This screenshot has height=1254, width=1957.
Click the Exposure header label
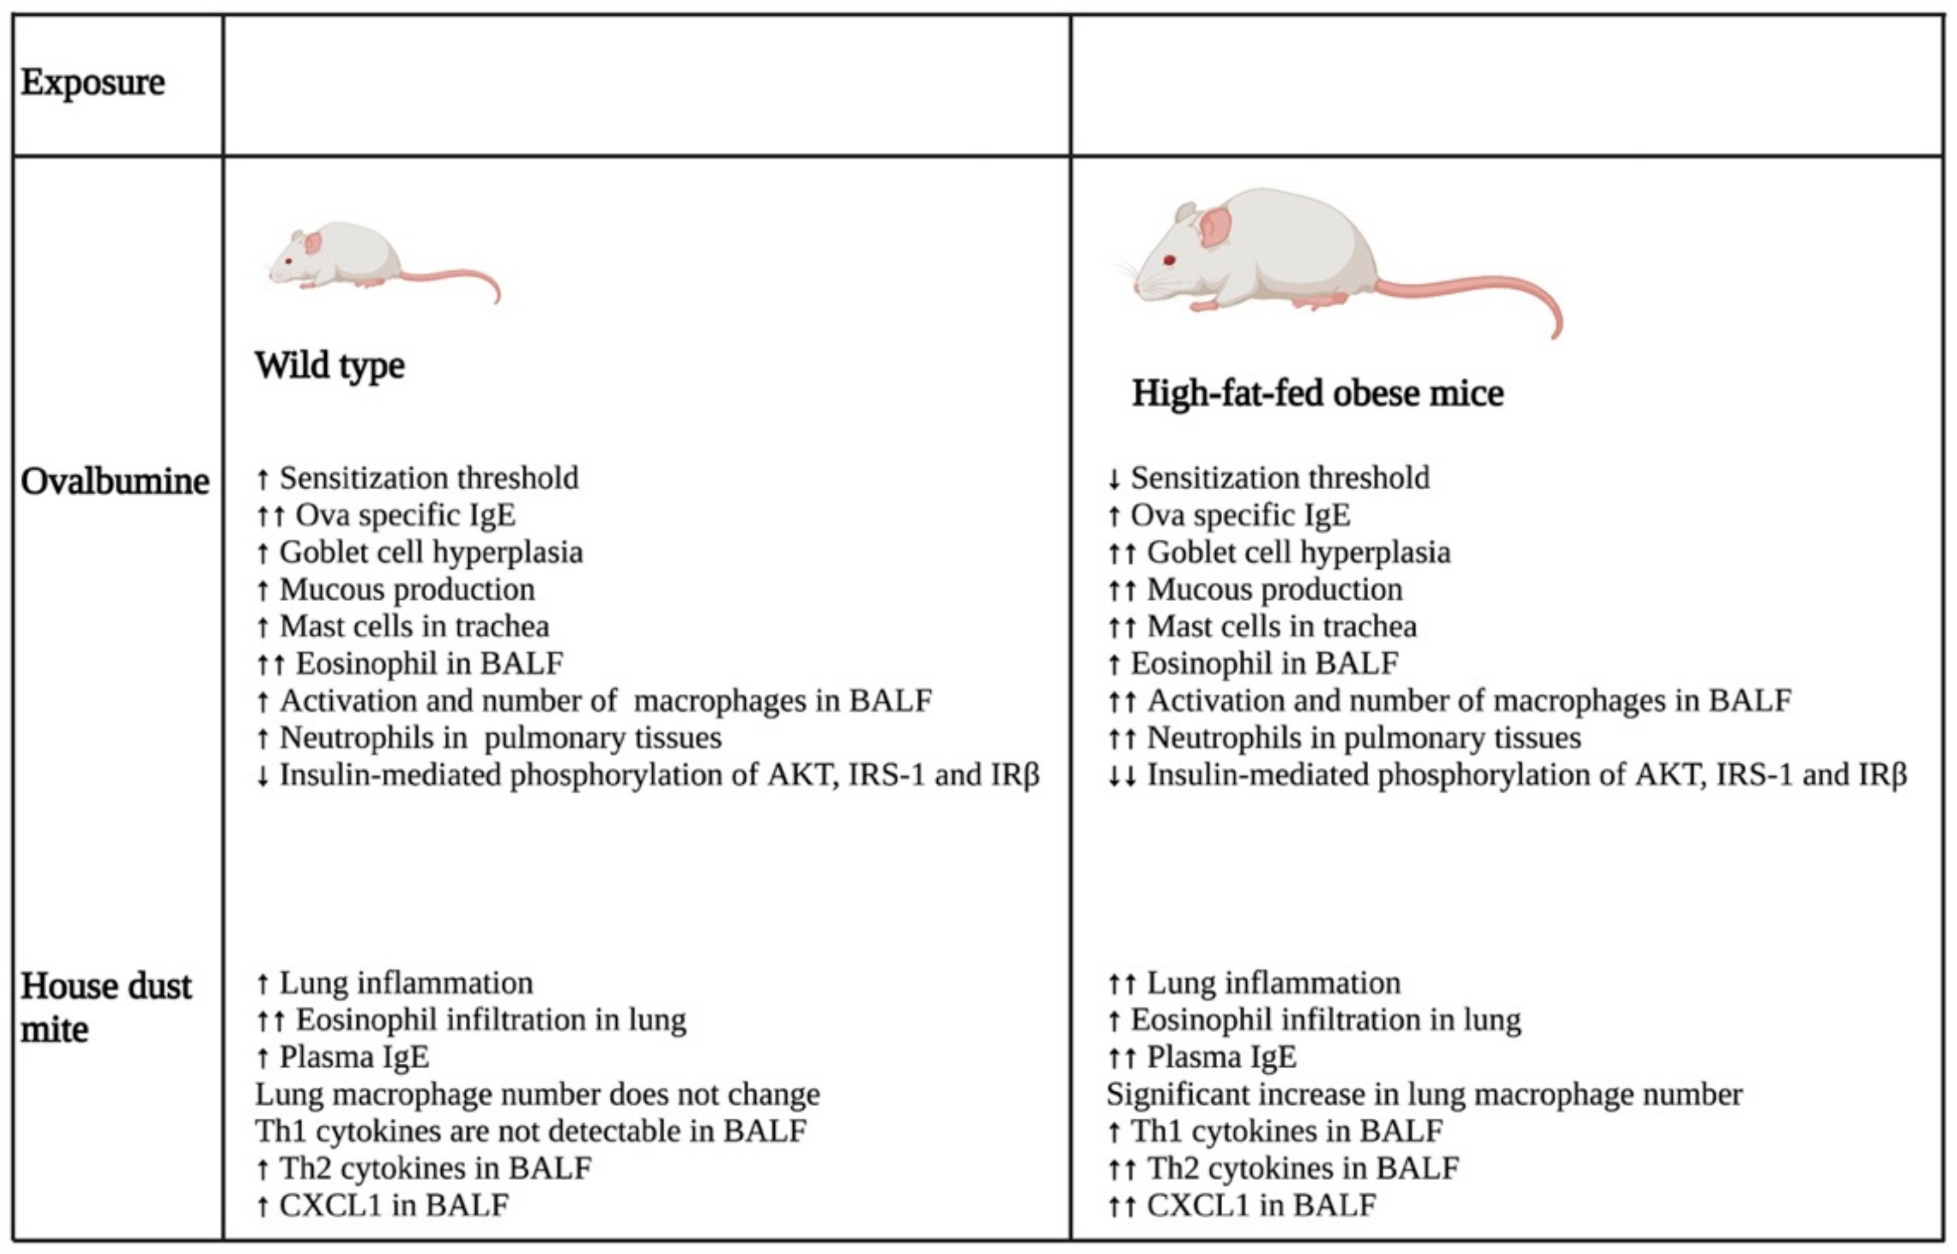93,82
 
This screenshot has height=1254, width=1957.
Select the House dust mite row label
106,1007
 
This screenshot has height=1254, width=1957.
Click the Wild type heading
330,365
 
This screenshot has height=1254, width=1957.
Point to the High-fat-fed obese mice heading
1317,393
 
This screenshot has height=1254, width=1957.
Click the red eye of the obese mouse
1169,261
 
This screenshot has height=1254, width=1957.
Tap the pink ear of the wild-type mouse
313,242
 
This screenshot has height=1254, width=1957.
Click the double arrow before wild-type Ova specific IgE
270,516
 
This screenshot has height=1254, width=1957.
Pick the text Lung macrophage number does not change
537,1095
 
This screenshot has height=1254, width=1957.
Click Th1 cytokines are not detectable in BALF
530,1131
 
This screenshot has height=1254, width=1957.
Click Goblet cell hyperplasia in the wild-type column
431,553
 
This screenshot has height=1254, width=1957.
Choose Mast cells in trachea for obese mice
1281,627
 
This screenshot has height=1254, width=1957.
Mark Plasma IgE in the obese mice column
1221,1057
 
